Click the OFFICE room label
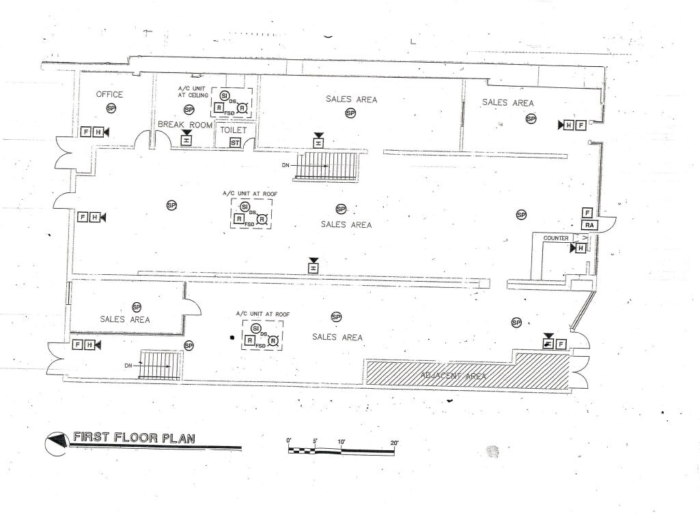(109, 94)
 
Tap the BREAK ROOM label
(184, 125)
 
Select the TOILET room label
(233, 130)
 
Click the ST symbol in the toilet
(235, 143)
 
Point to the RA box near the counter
(588, 225)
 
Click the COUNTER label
(556, 238)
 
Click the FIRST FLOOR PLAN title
(133, 438)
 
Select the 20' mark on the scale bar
(394, 443)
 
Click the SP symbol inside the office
(111, 108)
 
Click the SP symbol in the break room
(189, 109)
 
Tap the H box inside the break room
(186, 140)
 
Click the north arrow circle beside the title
(56, 441)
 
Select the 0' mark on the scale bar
(289, 442)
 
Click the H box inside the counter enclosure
(581, 248)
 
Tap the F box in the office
(86, 132)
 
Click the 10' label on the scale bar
(341, 443)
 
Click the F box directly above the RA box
(587, 213)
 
